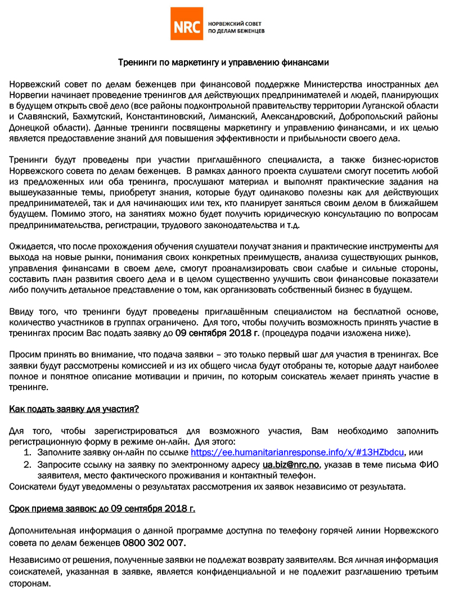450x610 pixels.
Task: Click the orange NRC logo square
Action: (x=187, y=24)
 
